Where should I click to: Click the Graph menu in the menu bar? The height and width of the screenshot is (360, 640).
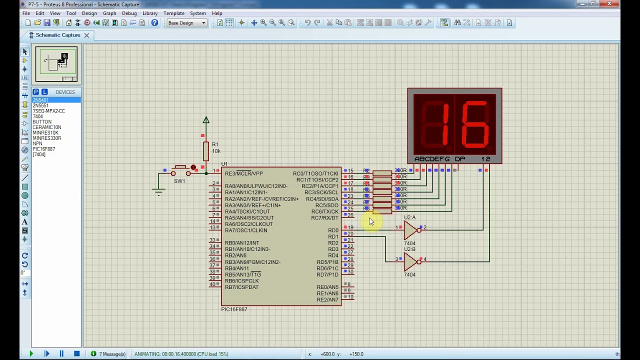pos(109,13)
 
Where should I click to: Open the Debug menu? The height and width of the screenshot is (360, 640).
pos(129,13)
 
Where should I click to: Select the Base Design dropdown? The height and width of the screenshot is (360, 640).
pos(186,23)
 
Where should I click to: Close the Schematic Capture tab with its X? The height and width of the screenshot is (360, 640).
pos(86,35)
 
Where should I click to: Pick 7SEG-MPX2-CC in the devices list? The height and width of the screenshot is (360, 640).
pos(48,111)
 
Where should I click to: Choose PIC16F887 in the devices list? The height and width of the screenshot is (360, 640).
pos(44,149)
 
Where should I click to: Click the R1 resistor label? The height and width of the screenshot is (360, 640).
pos(215,144)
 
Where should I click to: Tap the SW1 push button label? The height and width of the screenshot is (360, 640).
pos(179,181)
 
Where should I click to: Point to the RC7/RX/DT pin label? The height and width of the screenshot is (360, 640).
pos(324,218)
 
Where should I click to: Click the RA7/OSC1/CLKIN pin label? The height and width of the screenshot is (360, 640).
pos(246,230)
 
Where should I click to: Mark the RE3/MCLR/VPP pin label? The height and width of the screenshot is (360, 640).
pos(243,173)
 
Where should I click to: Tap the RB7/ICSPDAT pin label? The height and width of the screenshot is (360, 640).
pos(241,287)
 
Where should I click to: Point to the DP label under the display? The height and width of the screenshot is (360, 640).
pos(460,159)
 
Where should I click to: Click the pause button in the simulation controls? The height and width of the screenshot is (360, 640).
pos(61,354)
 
